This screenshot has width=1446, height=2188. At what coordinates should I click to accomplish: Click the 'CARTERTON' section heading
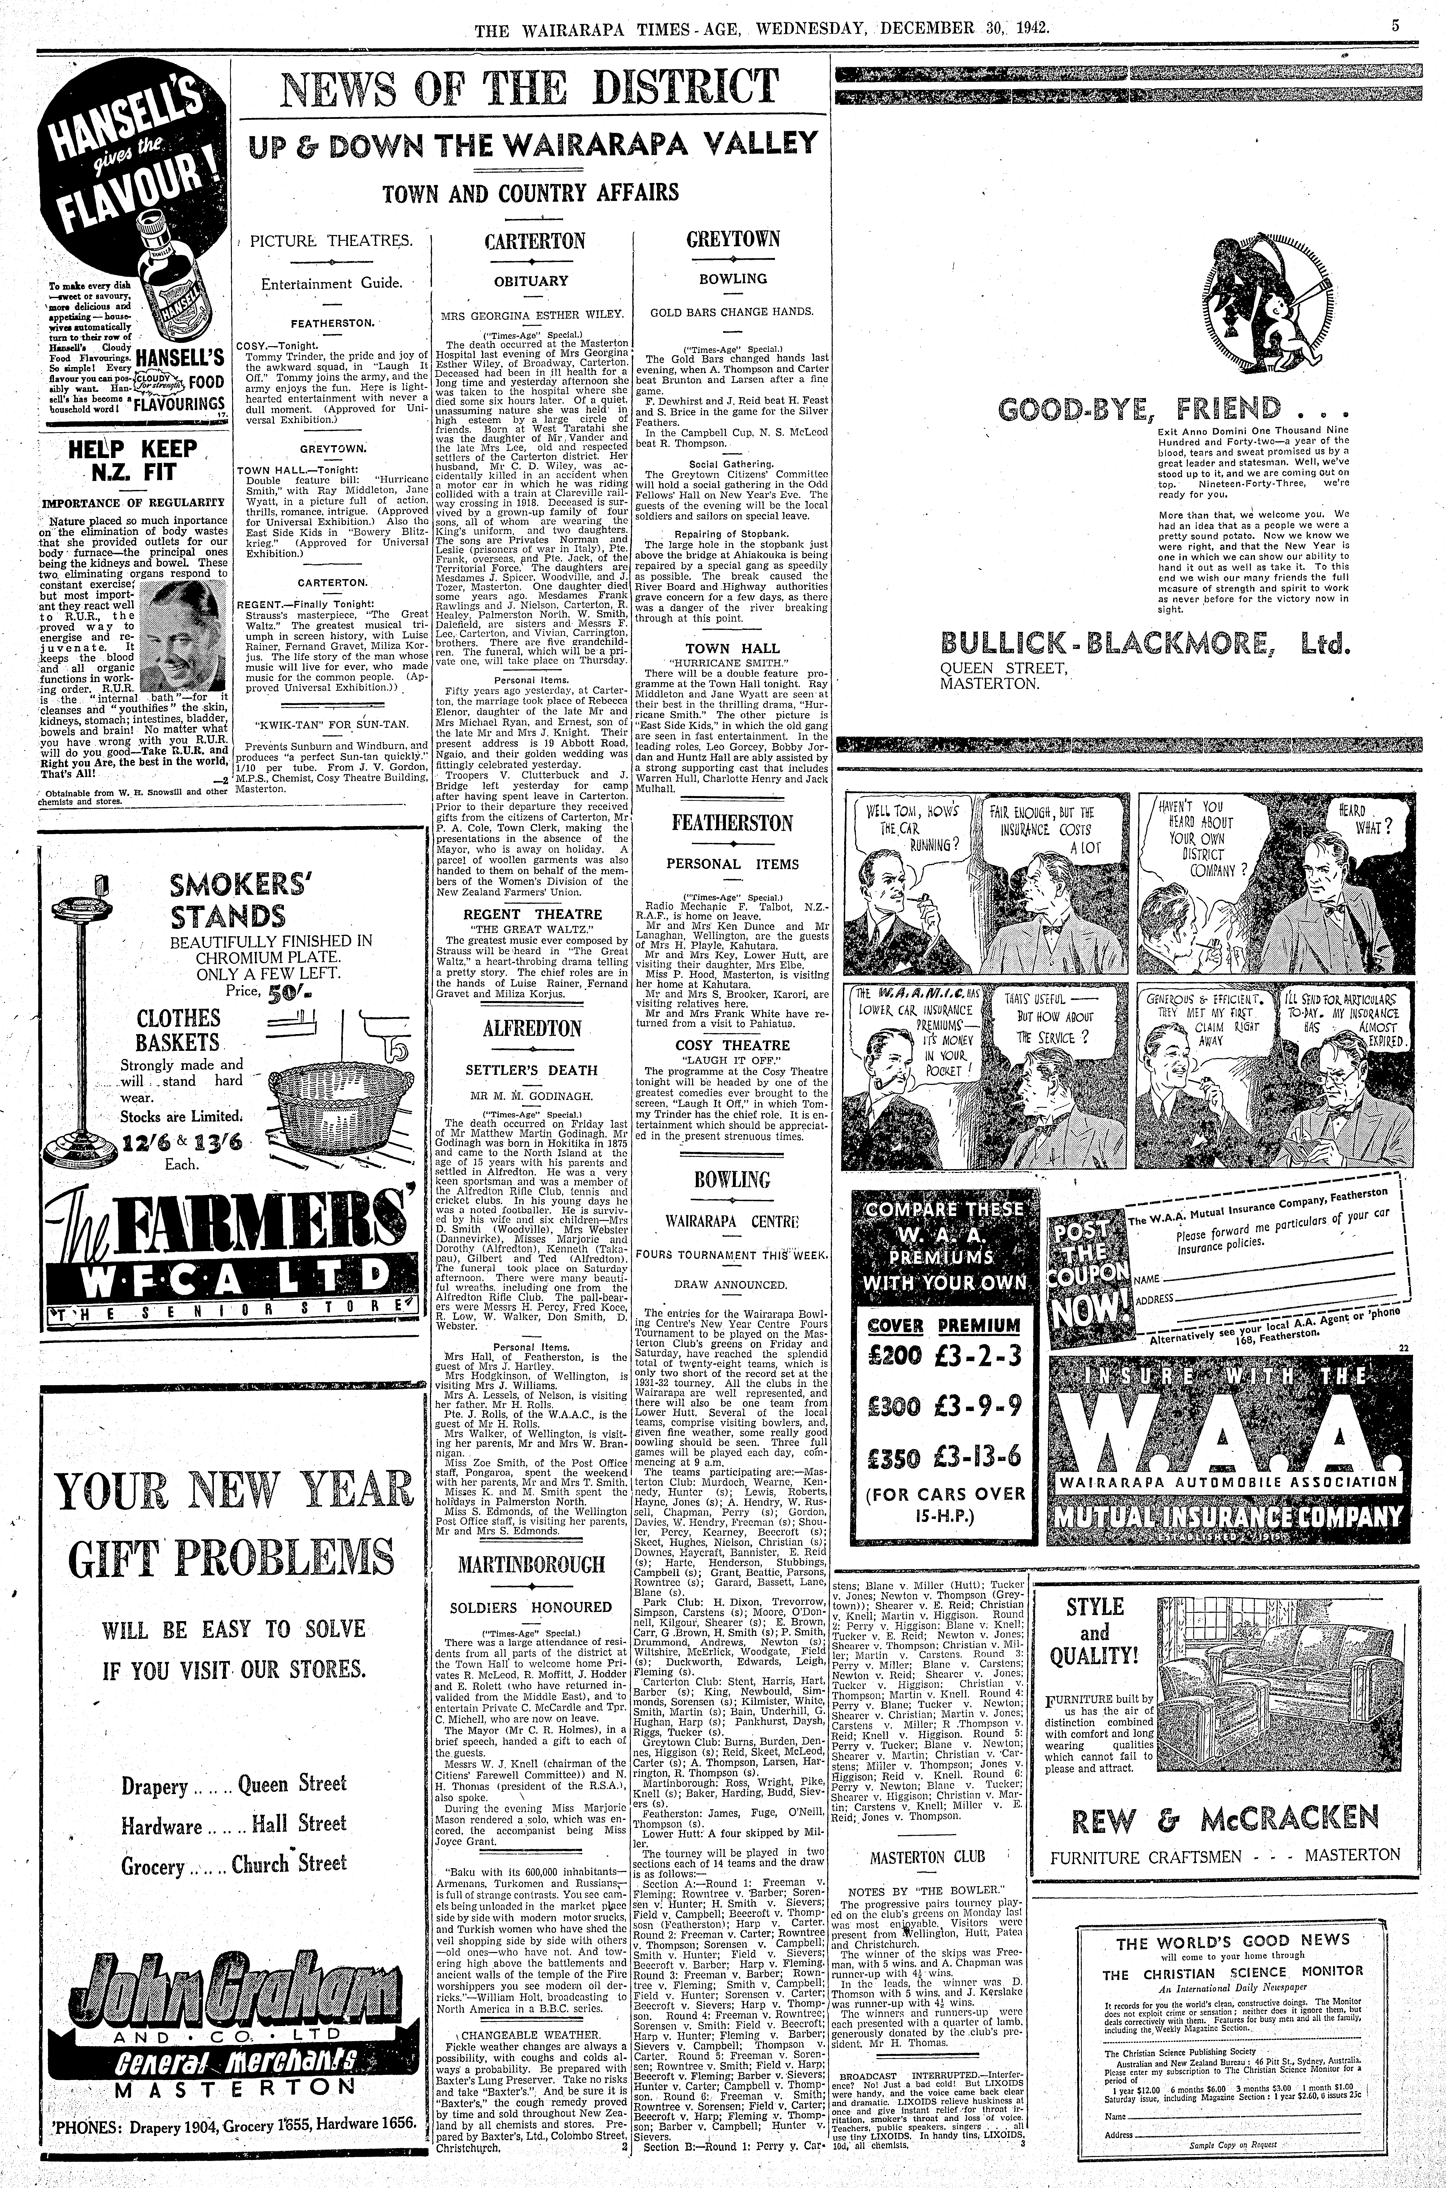[x=535, y=242]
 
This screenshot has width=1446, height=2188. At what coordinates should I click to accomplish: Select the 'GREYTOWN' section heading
[x=733, y=240]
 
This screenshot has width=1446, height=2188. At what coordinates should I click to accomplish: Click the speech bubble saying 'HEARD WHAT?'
[x=1358, y=818]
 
